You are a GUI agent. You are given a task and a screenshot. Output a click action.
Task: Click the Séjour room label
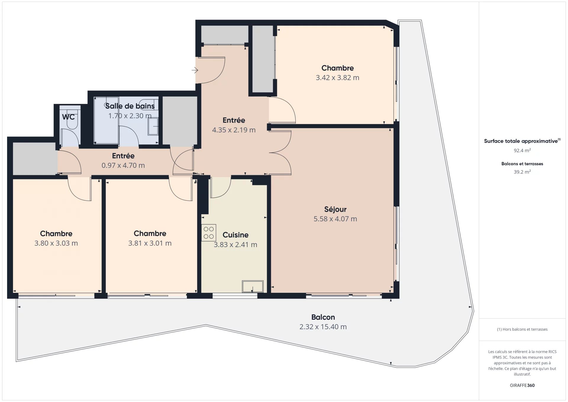tap(335, 210)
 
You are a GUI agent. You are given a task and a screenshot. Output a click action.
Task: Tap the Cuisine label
tap(235, 235)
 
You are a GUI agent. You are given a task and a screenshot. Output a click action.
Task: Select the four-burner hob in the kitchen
tap(209, 233)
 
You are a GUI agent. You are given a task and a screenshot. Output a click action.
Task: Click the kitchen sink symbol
tap(253, 287)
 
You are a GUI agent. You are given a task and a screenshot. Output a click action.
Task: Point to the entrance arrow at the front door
tap(195, 70)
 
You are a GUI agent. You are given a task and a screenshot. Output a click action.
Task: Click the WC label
tap(68, 117)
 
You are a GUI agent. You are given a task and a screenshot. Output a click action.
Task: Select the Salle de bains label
tap(130, 106)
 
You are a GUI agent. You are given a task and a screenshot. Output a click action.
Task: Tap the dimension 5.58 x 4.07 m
tap(335, 219)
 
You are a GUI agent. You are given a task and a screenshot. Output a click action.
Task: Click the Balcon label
tap(323, 317)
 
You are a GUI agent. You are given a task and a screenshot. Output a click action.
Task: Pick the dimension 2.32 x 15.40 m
tap(323, 327)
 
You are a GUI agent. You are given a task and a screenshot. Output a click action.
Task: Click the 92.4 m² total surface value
tap(522, 150)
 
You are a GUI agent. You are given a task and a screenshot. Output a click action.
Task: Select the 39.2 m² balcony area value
tap(522, 172)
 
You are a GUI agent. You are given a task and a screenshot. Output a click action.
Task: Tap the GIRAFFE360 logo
tap(522, 385)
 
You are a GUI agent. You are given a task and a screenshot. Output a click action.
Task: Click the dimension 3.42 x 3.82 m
tap(338, 78)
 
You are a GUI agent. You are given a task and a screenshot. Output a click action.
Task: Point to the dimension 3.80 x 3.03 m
tap(56, 243)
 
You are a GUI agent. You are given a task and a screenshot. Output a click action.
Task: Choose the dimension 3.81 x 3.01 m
tap(150, 243)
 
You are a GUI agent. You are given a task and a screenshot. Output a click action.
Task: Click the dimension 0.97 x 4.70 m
tap(123, 165)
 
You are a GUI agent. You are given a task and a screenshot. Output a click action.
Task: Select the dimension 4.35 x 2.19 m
tap(234, 130)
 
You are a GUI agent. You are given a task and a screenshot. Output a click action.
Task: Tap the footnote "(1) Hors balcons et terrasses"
tap(522, 329)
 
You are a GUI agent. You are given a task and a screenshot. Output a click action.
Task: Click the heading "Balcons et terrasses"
tap(522, 164)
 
